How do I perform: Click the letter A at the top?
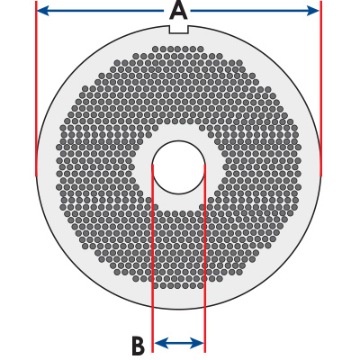(178, 12)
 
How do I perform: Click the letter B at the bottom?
(138, 346)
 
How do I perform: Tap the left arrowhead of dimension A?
(42, 12)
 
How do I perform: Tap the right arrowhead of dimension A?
(313, 12)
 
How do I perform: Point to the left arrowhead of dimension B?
(159, 343)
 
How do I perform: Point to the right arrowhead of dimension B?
(198, 343)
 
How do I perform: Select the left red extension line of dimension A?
(36, 89)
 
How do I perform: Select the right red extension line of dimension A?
(321, 89)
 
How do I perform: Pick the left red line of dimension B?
(153, 258)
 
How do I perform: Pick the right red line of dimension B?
(205, 258)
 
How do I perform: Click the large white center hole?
(179, 167)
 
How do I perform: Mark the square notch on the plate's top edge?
(179, 29)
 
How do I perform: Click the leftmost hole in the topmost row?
(156, 49)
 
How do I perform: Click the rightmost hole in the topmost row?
(201, 49)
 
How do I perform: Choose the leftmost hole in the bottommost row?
(156, 285)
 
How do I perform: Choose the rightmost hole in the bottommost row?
(201, 285)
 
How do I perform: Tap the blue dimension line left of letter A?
(100, 12)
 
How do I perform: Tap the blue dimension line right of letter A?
(255, 12)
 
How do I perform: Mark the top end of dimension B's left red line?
(153, 165)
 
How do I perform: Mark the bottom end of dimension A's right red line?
(321, 176)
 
